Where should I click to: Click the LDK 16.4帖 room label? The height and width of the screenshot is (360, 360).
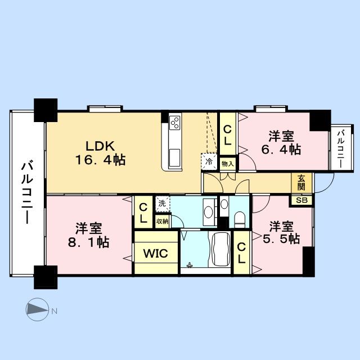pos(100,153)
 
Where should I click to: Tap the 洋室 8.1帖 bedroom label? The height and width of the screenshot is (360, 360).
pos(88,235)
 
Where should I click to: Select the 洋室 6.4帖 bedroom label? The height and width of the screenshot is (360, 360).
pos(281,143)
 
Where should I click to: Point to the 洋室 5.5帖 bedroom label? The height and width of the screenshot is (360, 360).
pos(281,232)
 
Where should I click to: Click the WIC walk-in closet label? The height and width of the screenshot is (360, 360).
pos(156,253)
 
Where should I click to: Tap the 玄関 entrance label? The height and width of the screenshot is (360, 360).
pos(301,183)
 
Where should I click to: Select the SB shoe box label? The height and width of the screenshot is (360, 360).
pos(301,200)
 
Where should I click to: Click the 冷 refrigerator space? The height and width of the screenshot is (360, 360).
pos(209,161)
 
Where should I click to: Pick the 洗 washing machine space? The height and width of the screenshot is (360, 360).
pos(163,204)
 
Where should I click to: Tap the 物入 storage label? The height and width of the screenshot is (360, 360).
pos(228,164)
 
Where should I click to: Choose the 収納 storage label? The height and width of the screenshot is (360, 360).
pos(163,221)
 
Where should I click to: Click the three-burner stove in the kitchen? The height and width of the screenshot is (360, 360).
pos(175,123)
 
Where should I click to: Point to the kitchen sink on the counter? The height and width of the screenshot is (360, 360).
pos(175,158)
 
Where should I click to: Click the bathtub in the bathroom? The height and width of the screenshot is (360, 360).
pos(221,249)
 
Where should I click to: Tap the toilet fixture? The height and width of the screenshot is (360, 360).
pos(240,219)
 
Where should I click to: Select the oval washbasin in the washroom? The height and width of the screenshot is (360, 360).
pos(209,211)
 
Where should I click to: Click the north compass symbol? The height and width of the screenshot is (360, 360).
pos(37,309)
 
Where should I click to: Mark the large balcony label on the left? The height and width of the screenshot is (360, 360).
pos(27,192)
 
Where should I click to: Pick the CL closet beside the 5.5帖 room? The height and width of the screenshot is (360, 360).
pos(241,253)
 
